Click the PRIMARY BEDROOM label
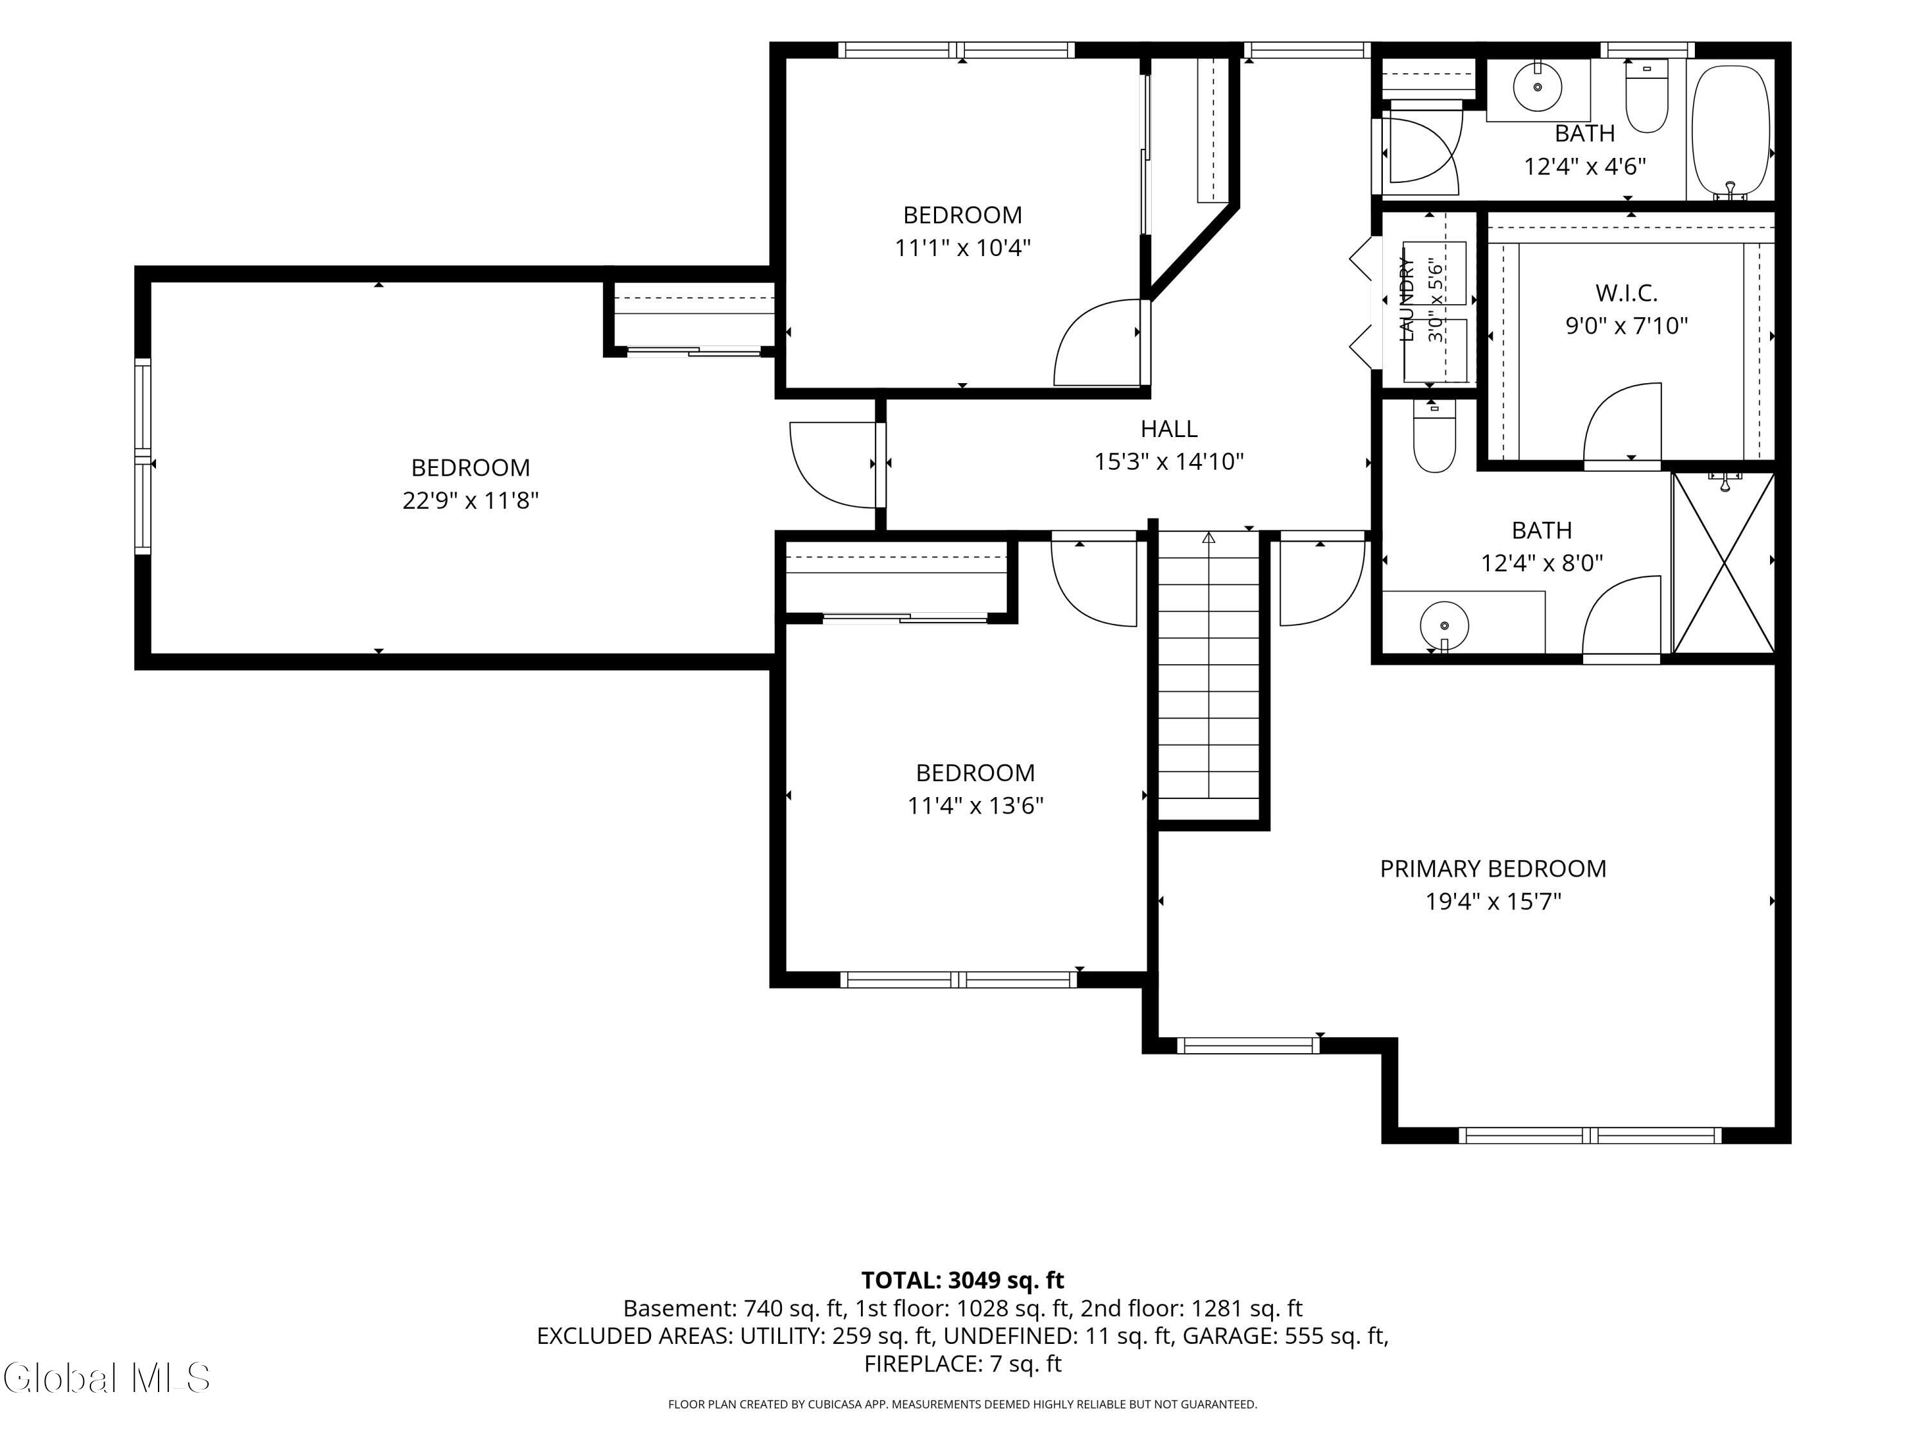point(1493,869)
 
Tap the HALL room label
point(1168,428)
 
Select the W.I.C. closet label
point(1626,293)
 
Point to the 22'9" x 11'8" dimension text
point(470,501)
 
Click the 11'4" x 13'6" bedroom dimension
point(975,805)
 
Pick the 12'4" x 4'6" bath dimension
point(1584,166)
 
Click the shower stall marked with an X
point(1723,562)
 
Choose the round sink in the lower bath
point(1444,625)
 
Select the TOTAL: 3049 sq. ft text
point(962,1280)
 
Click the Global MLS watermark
point(106,1378)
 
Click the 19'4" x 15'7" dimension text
point(1493,901)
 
